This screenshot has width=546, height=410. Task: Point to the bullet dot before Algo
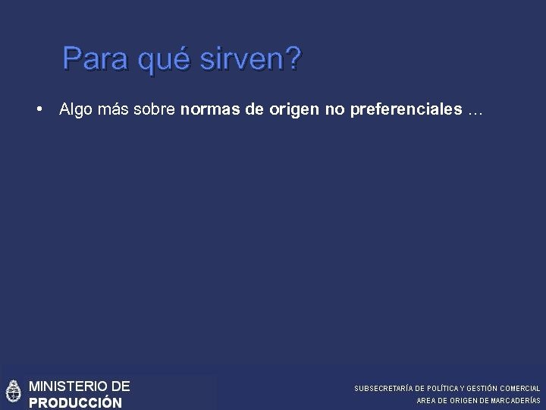[x=39, y=110]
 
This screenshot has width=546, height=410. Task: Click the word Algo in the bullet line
[x=75, y=111]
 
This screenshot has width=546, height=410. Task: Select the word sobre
[x=156, y=110]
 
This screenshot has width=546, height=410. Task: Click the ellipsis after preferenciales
[x=475, y=111]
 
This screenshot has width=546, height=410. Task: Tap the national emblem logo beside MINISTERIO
[x=13, y=392]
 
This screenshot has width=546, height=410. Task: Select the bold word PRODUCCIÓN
[x=74, y=402]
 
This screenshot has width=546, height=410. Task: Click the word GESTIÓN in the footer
[x=484, y=388]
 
